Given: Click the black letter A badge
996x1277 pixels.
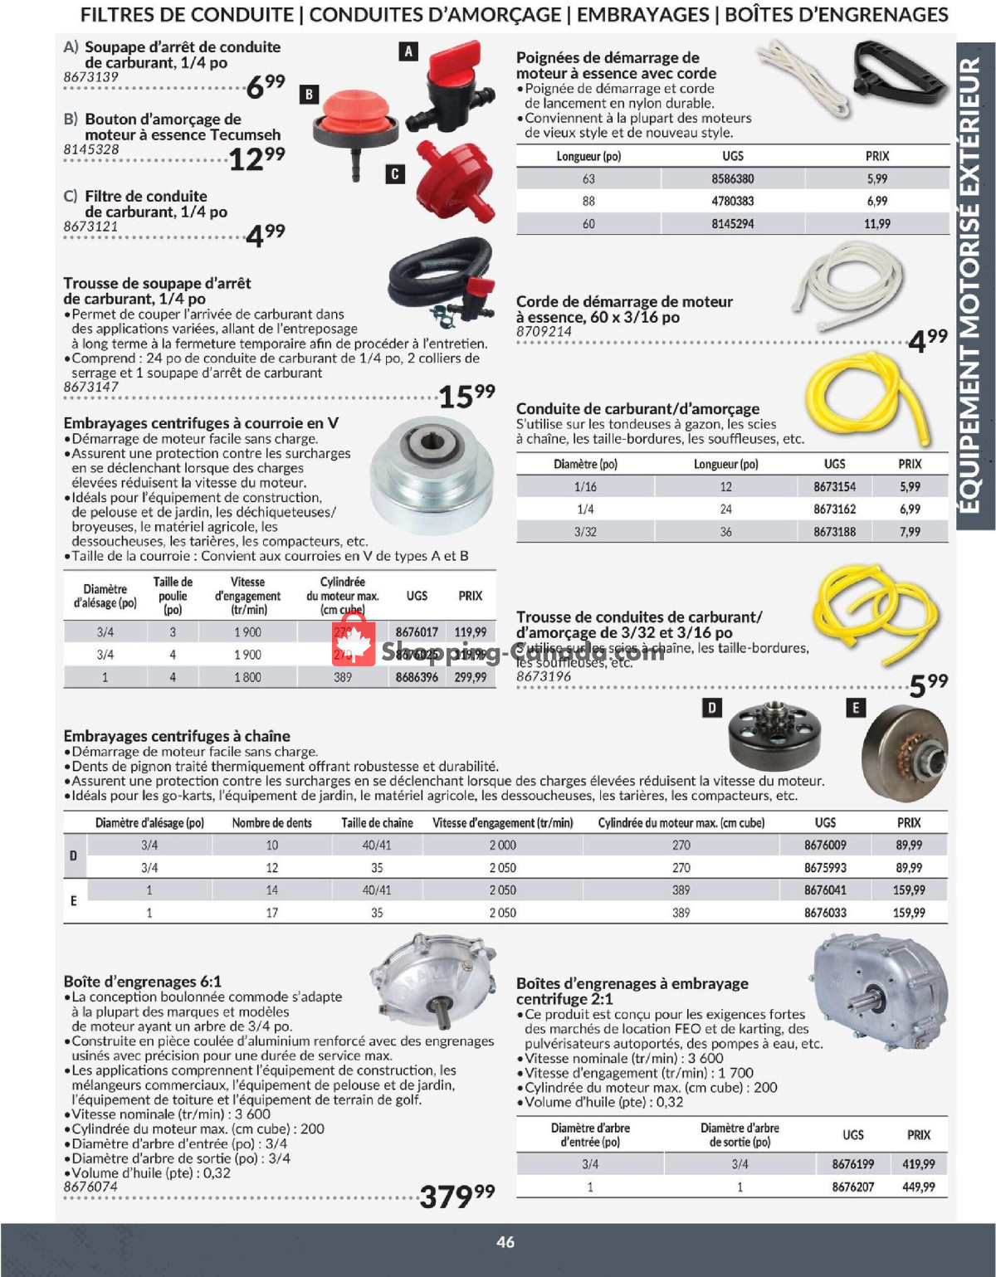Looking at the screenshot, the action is coord(408,51).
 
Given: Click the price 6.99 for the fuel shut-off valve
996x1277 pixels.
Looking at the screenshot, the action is coord(266,85).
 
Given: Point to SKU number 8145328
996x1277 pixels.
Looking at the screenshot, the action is coord(91,149).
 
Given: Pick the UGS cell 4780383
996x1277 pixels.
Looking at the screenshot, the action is coord(732,201).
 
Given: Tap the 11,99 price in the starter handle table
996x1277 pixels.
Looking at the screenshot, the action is coord(876,224).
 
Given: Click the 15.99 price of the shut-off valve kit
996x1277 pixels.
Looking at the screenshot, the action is coord(466,396).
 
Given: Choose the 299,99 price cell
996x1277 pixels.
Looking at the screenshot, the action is coord(471,677).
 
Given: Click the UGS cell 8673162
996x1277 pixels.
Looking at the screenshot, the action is coord(834,509).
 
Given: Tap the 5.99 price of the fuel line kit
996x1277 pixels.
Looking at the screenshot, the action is coord(928,685).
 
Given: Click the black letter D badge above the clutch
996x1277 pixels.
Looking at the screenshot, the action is coord(711,708).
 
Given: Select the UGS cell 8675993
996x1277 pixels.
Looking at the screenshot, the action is coord(825,868).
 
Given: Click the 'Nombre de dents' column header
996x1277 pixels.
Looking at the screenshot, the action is coord(271,823).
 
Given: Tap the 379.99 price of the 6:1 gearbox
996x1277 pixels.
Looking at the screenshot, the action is coord(456,1196).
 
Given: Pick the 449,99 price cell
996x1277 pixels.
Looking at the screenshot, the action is coord(918,1187).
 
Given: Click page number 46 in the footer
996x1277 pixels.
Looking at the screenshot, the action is coord(505,1242).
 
